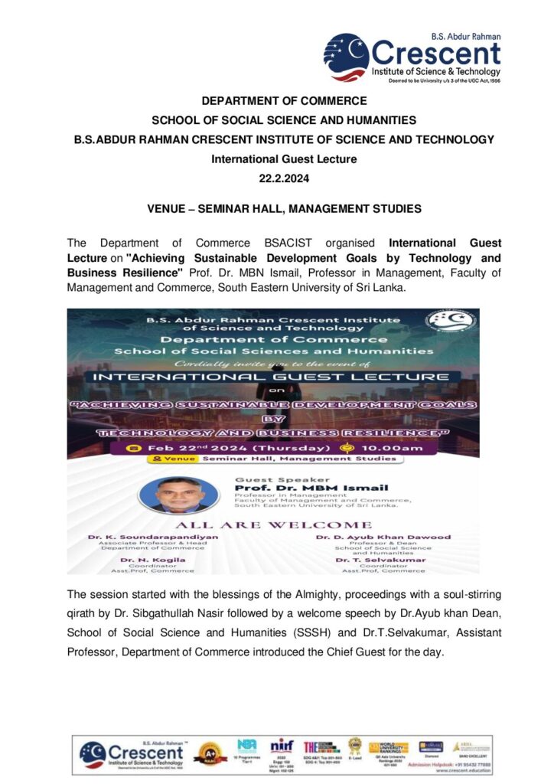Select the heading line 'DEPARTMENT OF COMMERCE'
coord(284,100)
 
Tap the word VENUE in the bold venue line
coord(167,209)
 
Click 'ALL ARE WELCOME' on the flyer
coord(273,524)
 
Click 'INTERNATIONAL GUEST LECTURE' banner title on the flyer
coord(272,377)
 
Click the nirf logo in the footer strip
coord(282,746)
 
